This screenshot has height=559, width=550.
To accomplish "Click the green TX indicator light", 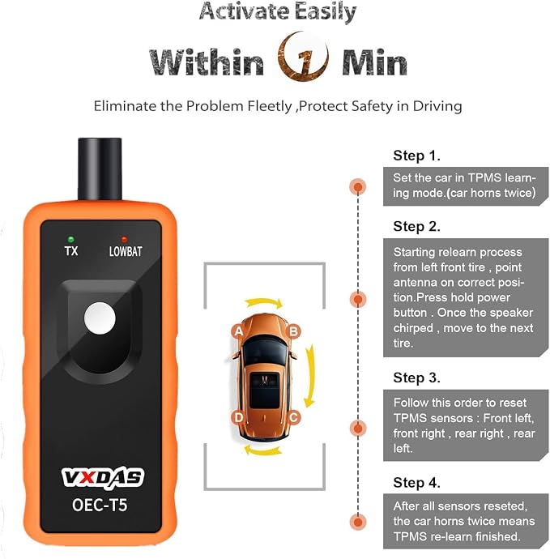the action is [71, 239].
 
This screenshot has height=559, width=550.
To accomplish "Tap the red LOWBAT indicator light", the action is [124, 239].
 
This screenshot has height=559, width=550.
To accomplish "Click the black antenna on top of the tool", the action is [100, 169].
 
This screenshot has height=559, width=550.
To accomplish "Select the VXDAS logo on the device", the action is [103, 477].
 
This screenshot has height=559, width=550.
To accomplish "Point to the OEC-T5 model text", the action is [100, 505].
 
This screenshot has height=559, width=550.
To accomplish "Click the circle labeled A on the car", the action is [238, 331].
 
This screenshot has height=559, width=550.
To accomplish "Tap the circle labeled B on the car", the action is [293, 331].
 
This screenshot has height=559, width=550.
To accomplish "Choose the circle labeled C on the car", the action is [293, 417].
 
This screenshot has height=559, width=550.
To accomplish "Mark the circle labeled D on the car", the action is [238, 417].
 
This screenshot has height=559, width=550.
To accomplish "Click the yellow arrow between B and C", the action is [312, 375].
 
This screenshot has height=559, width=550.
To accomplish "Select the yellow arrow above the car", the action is [264, 302].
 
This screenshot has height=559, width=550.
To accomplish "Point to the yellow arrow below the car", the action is [262, 450].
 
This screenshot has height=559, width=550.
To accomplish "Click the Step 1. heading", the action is [416, 156].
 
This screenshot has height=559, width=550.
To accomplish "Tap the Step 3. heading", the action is [416, 378].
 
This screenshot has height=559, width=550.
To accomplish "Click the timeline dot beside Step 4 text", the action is [358, 523].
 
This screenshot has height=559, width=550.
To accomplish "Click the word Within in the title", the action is [207, 62].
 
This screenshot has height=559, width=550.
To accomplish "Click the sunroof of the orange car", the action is [264, 390].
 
